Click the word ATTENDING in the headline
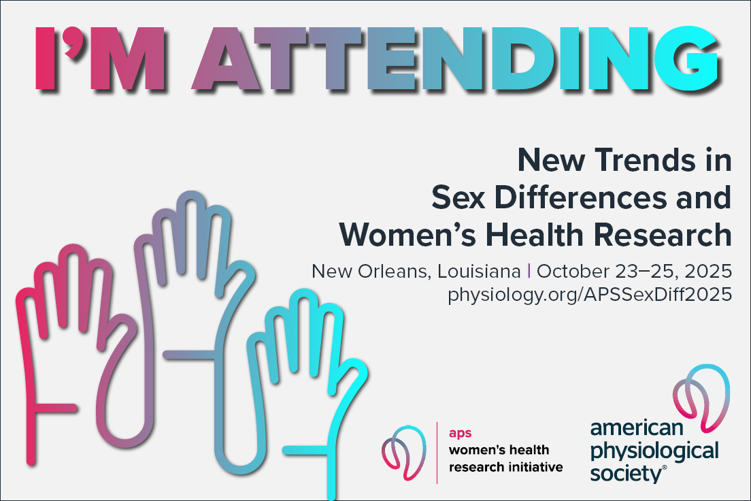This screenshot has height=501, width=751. [x=456, y=58]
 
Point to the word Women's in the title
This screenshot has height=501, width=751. [x=407, y=235]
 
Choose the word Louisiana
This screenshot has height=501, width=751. [x=479, y=272]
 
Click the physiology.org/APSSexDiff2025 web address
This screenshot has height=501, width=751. [x=590, y=294]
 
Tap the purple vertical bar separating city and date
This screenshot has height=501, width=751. [x=529, y=271]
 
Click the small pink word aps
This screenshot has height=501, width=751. [x=461, y=433]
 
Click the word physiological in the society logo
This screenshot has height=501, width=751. [x=654, y=451]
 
